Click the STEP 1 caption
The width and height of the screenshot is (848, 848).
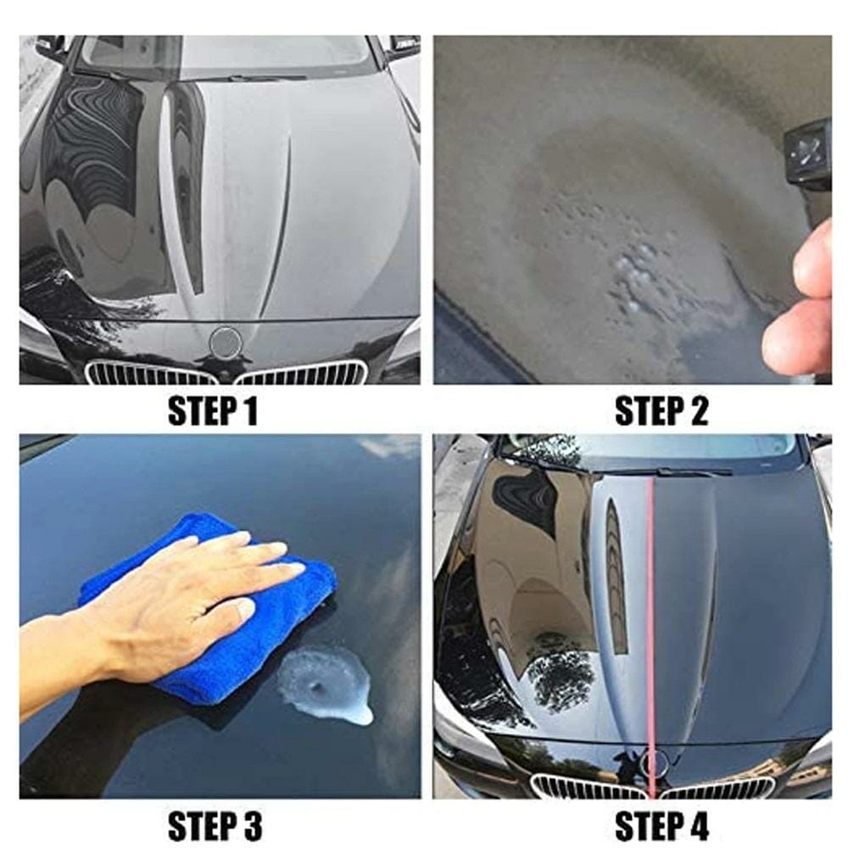pyautogui.click(x=213, y=410)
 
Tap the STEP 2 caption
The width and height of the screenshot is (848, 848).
pyautogui.click(x=661, y=410)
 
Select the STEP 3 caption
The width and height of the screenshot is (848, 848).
pyautogui.click(x=215, y=825)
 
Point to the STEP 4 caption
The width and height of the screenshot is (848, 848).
pyautogui.click(x=661, y=825)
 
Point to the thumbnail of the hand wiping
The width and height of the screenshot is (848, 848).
pyautogui.click(x=220, y=616)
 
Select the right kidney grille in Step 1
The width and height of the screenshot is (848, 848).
pyautogui.click(x=301, y=372)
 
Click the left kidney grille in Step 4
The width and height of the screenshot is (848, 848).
pyautogui.click(x=587, y=787)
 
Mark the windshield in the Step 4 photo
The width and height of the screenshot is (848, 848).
pyautogui.click(x=649, y=449)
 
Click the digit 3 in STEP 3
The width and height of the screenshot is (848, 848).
pyautogui.click(x=252, y=826)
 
